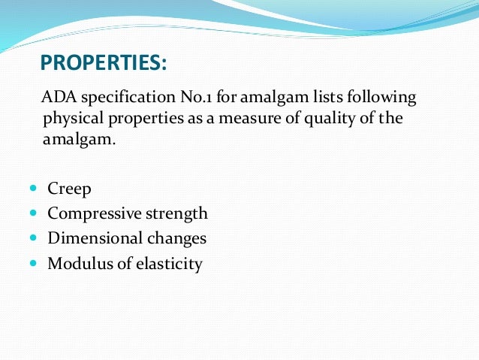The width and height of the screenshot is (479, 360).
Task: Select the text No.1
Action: point(198,98)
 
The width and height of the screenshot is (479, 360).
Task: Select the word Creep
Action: point(69,189)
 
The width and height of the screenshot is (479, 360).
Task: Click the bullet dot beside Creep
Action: point(33,189)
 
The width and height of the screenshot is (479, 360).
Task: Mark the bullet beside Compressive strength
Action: point(33,213)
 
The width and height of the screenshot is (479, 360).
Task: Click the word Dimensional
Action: point(95,238)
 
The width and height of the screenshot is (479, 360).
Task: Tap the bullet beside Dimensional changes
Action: point(33,238)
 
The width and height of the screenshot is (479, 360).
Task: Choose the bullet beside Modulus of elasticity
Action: point(33,263)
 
